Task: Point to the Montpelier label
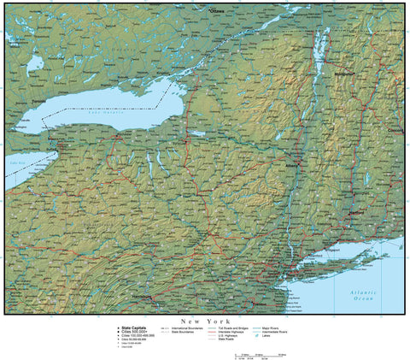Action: pos(344,74)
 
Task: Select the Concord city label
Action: pos(394,131)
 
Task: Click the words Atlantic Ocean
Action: pos(364,295)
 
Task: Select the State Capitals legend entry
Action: pos(132,327)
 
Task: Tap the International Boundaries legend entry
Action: pos(192,327)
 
